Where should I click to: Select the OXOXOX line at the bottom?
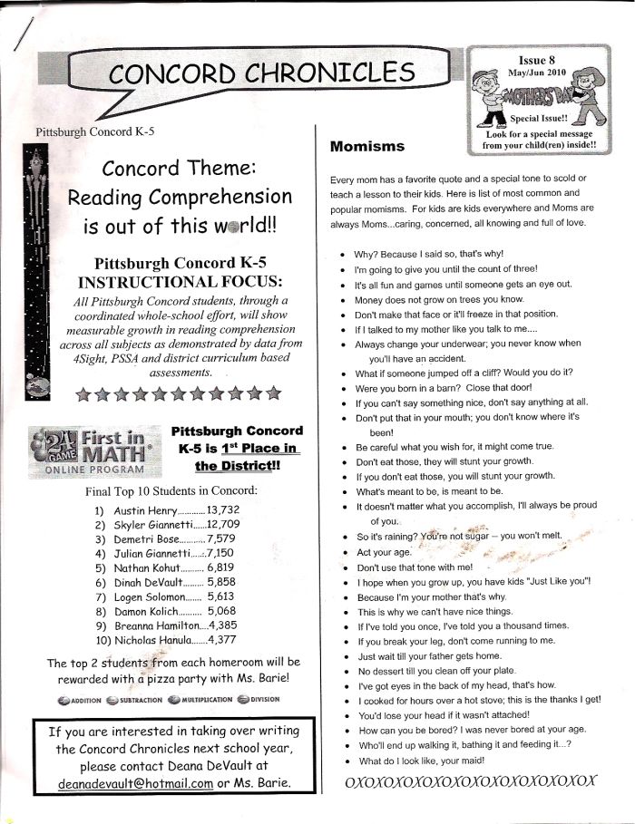click(464, 780)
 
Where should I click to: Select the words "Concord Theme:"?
click(181, 168)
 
